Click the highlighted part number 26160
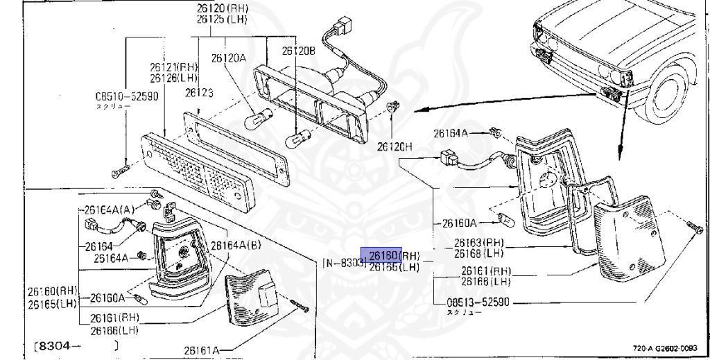[381, 255]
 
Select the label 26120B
[299, 51]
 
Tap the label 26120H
[395, 147]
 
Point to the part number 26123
[199, 92]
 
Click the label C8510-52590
[127, 96]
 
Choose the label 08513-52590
[478, 303]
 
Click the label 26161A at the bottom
[202, 351]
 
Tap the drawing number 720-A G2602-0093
[666, 349]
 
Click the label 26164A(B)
[236, 245]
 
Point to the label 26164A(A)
[110, 209]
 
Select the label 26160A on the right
[459, 223]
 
